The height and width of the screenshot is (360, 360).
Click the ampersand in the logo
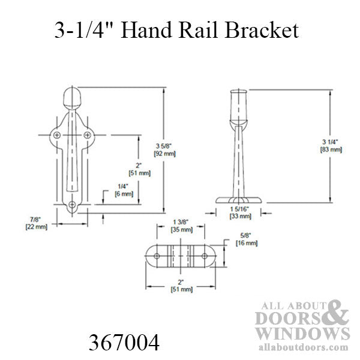pyautogui.click(x=338, y=314)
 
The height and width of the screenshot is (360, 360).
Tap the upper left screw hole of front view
pyautogui.click(x=57, y=136)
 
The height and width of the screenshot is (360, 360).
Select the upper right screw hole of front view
pyautogui.click(x=89, y=136)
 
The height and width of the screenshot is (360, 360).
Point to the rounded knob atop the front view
pyautogui.click(x=73, y=98)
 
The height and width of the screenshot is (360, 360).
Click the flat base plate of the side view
pyautogui.click(x=240, y=199)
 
